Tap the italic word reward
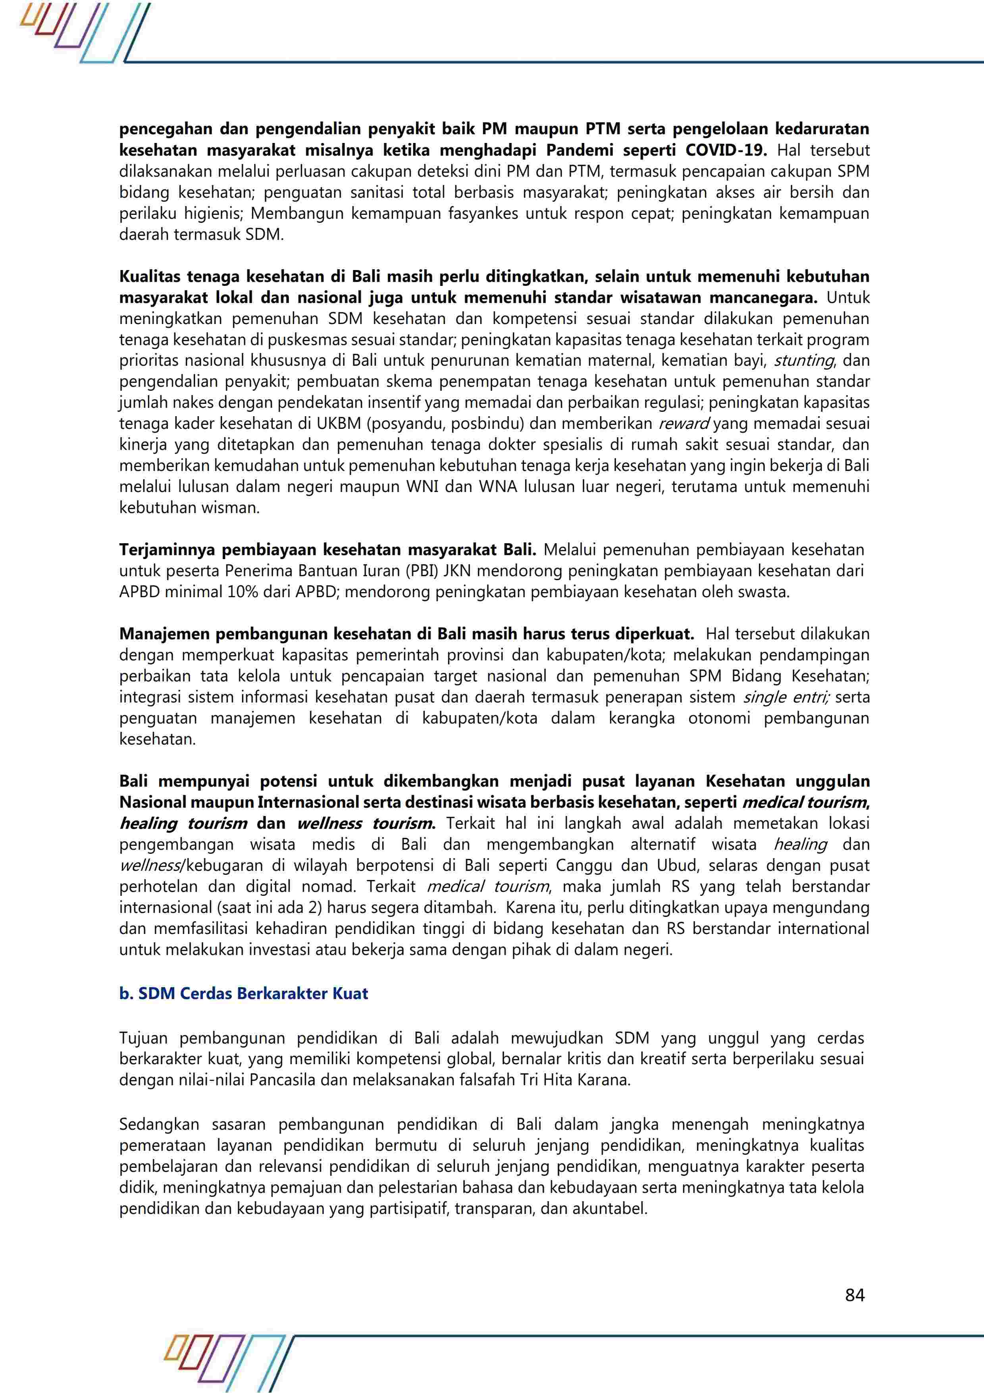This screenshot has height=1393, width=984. [684, 423]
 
